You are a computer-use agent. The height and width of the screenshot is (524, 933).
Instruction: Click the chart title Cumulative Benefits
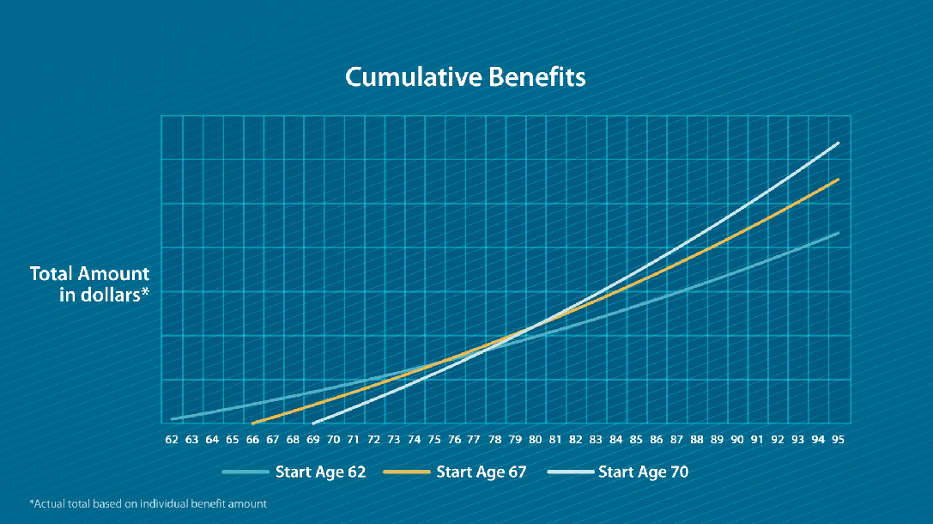[465, 77]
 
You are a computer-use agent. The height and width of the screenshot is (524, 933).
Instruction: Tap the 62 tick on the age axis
[172, 440]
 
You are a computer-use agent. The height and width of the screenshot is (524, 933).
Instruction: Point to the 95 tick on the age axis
[838, 440]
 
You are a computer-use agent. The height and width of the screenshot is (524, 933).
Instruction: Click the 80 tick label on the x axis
[535, 440]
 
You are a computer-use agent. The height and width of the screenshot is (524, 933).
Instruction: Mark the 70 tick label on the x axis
[333, 440]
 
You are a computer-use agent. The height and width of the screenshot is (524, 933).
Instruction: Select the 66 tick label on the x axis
[252, 440]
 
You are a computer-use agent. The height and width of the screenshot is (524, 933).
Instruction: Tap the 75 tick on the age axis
[434, 440]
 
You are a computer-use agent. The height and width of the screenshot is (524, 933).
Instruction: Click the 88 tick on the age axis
[696, 440]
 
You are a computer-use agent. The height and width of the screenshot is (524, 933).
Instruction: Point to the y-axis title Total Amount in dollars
[90, 284]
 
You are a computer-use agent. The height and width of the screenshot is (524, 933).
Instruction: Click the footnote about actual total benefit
[148, 503]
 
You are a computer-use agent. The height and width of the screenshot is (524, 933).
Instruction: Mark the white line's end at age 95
[838, 143]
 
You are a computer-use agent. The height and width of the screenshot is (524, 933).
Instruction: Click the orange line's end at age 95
[838, 180]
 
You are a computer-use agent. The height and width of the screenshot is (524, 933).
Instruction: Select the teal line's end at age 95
[838, 233]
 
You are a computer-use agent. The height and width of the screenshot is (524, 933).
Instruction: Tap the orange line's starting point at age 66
[252, 423]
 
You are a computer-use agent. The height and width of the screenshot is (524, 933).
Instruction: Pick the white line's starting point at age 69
[313, 423]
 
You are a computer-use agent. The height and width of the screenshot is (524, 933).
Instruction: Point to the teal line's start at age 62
[173, 418]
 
